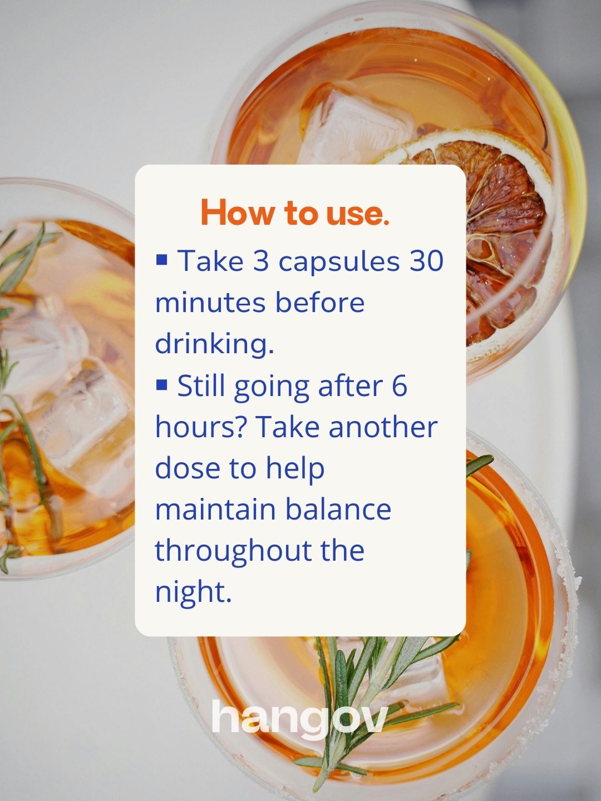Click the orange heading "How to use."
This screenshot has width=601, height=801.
point(295,212)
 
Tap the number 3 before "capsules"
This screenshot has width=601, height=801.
point(261,261)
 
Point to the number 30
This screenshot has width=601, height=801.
point(426,261)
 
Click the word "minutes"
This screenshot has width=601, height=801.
point(210,303)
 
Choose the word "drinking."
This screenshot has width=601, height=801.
point(214,345)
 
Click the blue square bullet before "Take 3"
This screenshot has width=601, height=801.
point(161,259)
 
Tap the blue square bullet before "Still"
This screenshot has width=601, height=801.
point(161,384)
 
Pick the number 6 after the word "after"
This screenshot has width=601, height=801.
point(400,385)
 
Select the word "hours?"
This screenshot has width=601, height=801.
point(204,427)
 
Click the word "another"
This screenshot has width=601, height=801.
point(383,427)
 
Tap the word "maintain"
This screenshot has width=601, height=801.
point(216,510)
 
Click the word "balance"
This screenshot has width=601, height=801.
point(338,510)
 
